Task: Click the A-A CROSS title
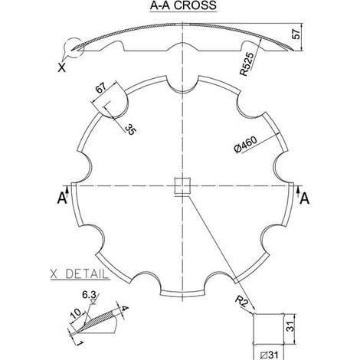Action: [183, 5]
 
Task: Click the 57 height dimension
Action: [296, 34]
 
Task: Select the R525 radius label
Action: [247, 64]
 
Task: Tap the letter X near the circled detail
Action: [61, 67]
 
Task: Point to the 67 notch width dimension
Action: [100, 88]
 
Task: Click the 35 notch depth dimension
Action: [131, 129]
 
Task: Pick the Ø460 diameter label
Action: [245, 145]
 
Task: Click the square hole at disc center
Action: [182, 186]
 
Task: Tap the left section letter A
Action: [62, 198]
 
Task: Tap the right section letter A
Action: [304, 198]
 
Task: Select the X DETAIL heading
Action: [80, 274]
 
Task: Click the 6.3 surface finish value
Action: [89, 295]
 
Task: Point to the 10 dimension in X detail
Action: [76, 313]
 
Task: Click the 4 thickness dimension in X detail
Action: [124, 308]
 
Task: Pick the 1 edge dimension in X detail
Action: [79, 343]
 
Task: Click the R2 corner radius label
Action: [241, 303]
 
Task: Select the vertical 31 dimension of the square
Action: [290, 326]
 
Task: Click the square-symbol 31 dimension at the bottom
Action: [269, 355]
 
